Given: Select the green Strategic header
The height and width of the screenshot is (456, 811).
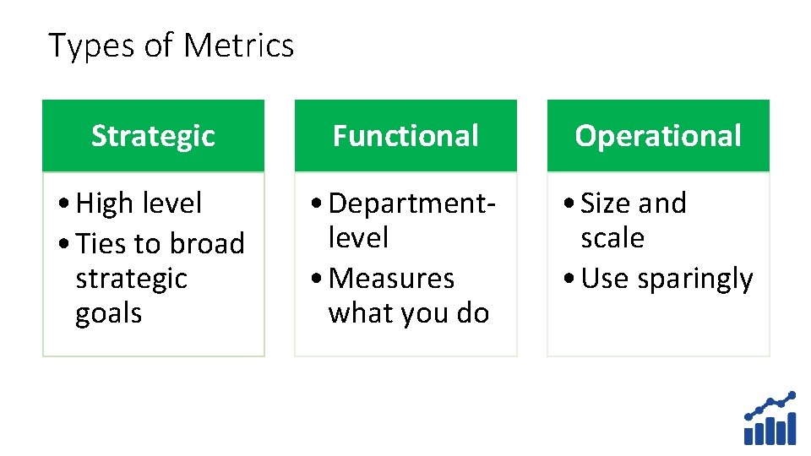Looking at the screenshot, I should point(153,136).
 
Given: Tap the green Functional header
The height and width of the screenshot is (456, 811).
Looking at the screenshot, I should point(405,136).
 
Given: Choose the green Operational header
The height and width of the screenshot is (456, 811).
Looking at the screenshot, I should point(658,136).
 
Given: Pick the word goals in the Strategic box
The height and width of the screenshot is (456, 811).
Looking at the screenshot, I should point(109,313).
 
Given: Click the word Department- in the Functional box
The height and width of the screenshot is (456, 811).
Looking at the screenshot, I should point(411,204).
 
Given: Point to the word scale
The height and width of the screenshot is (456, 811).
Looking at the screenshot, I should point(612,238).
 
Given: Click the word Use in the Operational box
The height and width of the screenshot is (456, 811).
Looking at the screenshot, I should point(606,279).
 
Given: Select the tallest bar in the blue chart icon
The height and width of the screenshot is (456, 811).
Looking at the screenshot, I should point(791,428).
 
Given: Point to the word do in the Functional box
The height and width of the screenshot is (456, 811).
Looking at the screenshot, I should point(473,313).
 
